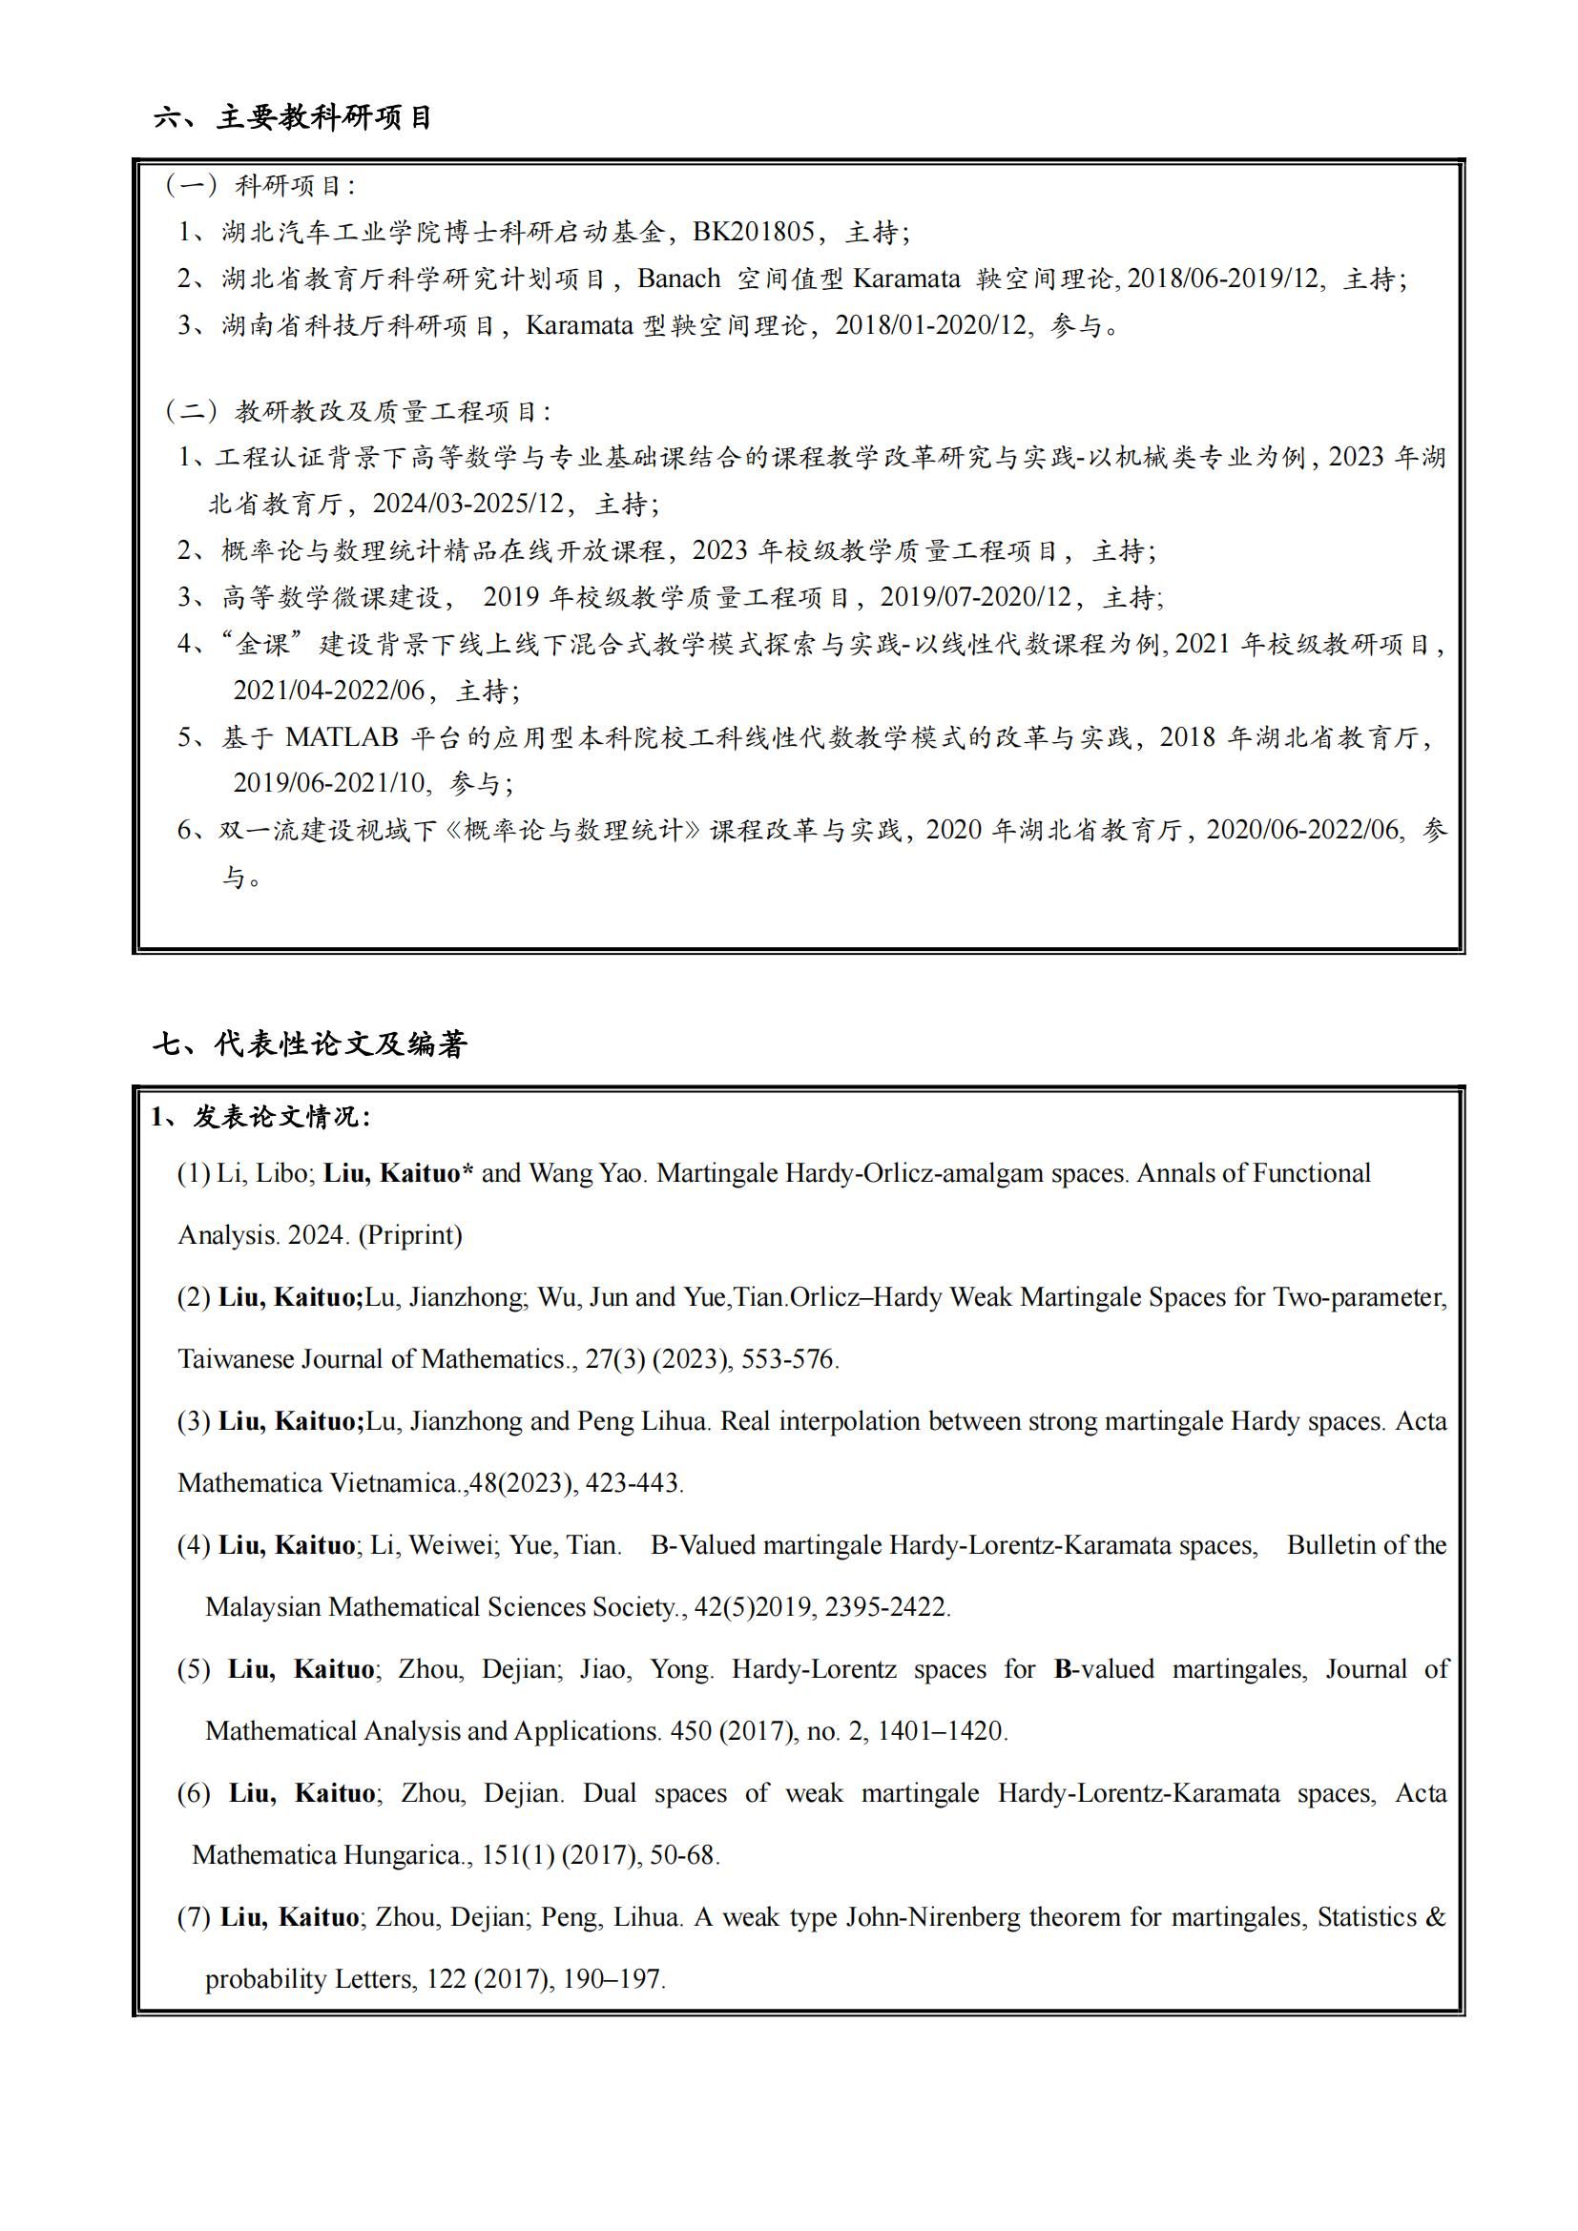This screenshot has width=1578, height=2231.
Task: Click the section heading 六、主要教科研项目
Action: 293,118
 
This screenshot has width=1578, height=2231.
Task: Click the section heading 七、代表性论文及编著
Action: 310,1044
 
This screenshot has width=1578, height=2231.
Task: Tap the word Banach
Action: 678,279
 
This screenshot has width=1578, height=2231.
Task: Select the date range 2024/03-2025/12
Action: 468,504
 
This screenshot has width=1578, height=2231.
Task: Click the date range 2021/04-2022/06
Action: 328,691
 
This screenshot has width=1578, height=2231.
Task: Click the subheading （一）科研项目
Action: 260,186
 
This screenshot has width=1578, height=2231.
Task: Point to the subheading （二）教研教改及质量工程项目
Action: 357,411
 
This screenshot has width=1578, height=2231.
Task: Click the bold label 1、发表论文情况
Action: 260,1118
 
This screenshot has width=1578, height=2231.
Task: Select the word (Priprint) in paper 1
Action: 410,1235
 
